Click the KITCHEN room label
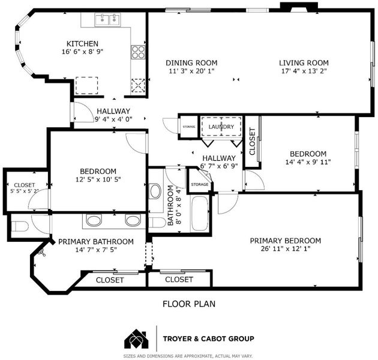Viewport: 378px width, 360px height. (82, 44)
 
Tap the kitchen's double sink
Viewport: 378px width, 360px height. (108, 19)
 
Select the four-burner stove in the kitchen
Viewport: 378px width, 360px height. (138, 52)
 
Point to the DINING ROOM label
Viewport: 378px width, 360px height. (191, 63)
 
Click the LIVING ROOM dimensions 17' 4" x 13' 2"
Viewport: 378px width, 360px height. (304, 71)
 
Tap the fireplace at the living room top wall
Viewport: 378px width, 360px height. (299, 7)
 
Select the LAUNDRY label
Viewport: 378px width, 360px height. (221, 127)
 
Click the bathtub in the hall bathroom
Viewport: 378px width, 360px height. (200, 214)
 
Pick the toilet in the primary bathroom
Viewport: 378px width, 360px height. (20, 226)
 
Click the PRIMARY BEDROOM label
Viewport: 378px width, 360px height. (286, 241)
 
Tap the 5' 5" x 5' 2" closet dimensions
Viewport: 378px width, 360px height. (25, 191)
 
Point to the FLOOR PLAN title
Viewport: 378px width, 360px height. (189, 304)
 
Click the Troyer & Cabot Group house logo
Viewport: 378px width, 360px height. (136, 338)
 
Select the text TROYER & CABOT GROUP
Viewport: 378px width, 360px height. (209, 339)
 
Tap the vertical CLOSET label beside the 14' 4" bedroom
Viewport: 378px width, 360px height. (252, 142)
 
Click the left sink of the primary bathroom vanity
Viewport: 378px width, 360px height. (94, 220)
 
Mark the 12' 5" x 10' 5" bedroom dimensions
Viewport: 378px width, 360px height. (98, 179)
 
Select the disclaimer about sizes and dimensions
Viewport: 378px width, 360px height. (188, 356)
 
